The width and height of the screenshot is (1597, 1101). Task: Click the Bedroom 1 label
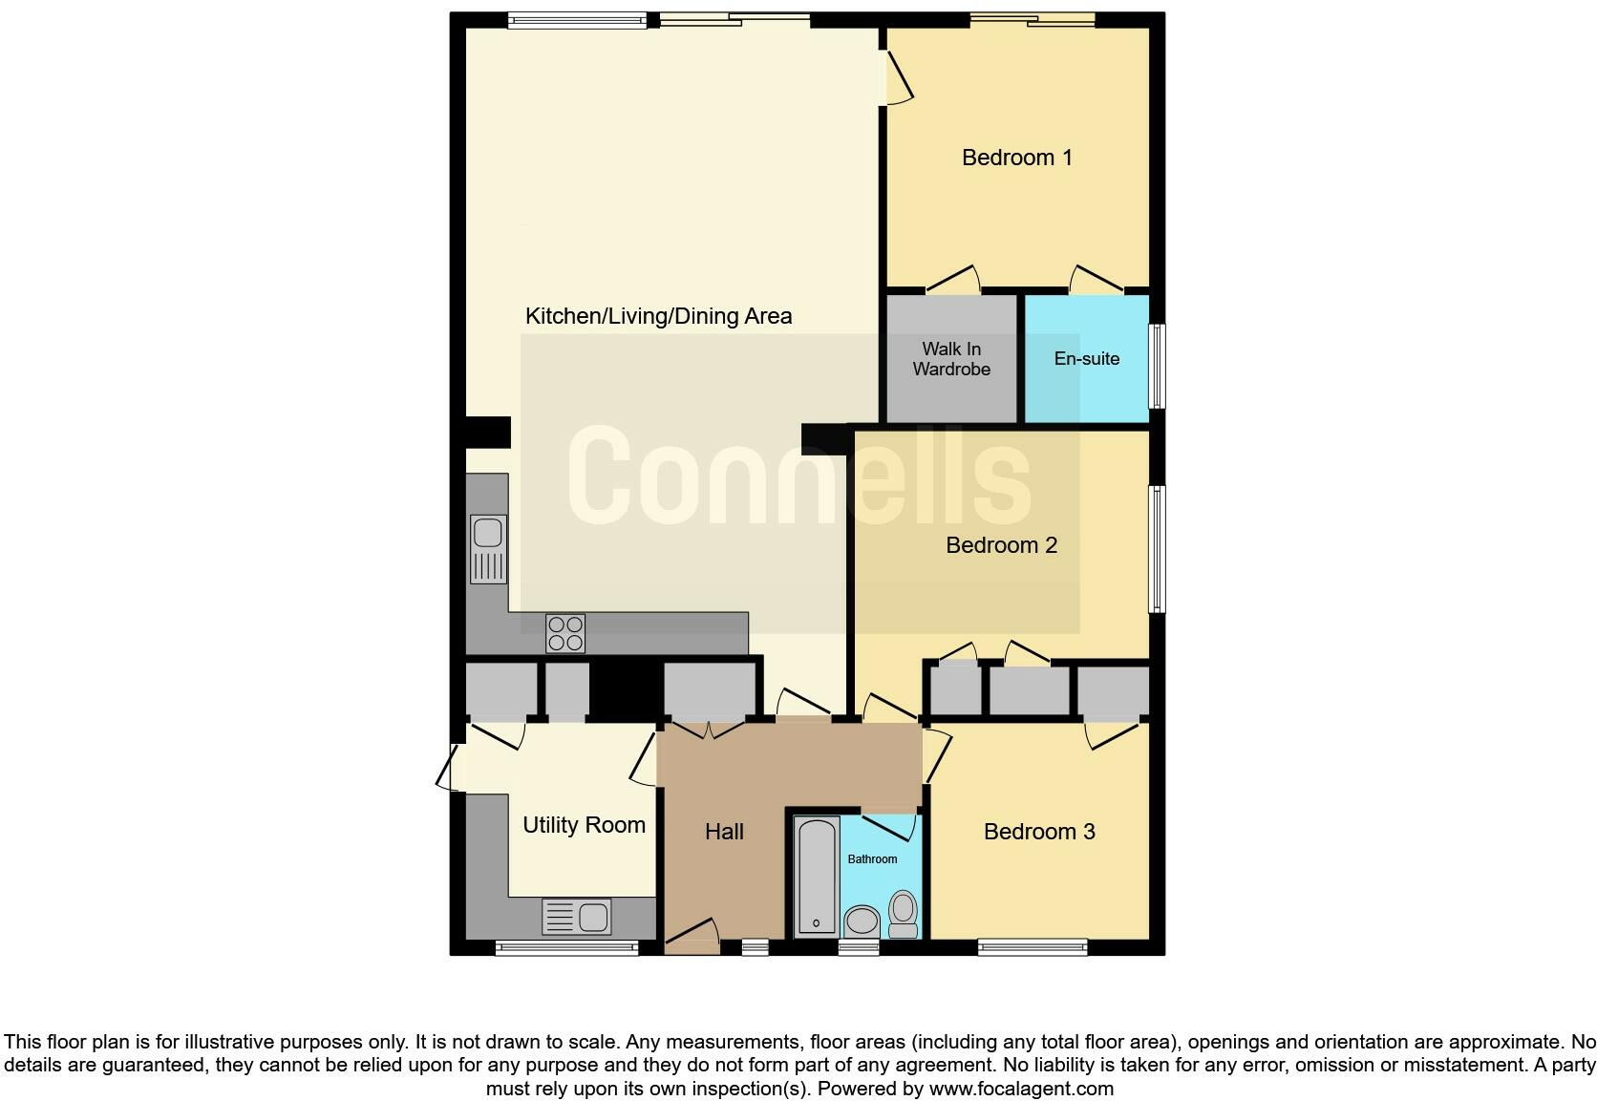click(x=1016, y=158)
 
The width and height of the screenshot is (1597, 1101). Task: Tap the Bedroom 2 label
click(x=1001, y=545)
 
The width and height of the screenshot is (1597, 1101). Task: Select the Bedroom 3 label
click(x=1039, y=832)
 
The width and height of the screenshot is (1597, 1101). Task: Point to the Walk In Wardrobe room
click(x=951, y=359)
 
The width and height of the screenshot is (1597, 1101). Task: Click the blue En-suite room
click(x=1087, y=359)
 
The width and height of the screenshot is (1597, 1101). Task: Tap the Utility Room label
click(x=584, y=825)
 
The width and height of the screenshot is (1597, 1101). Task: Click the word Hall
click(x=724, y=832)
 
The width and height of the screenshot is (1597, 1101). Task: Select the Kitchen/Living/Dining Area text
click(x=658, y=316)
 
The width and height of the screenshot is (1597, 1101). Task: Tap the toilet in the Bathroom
click(x=903, y=914)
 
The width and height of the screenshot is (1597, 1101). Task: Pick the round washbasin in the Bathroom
click(x=862, y=921)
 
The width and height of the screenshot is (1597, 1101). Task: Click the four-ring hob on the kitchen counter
click(x=564, y=633)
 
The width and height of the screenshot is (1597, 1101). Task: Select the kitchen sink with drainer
click(x=488, y=548)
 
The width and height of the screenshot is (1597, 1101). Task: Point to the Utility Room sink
click(x=577, y=918)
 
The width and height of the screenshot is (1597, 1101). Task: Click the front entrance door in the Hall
click(x=692, y=937)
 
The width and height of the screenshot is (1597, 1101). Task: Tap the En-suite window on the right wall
click(x=1157, y=367)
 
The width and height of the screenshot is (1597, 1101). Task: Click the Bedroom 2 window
click(x=1157, y=549)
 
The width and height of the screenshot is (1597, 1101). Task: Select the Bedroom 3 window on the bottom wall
click(x=1032, y=947)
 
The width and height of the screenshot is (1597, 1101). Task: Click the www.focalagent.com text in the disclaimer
click(x=1020, y=1089)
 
